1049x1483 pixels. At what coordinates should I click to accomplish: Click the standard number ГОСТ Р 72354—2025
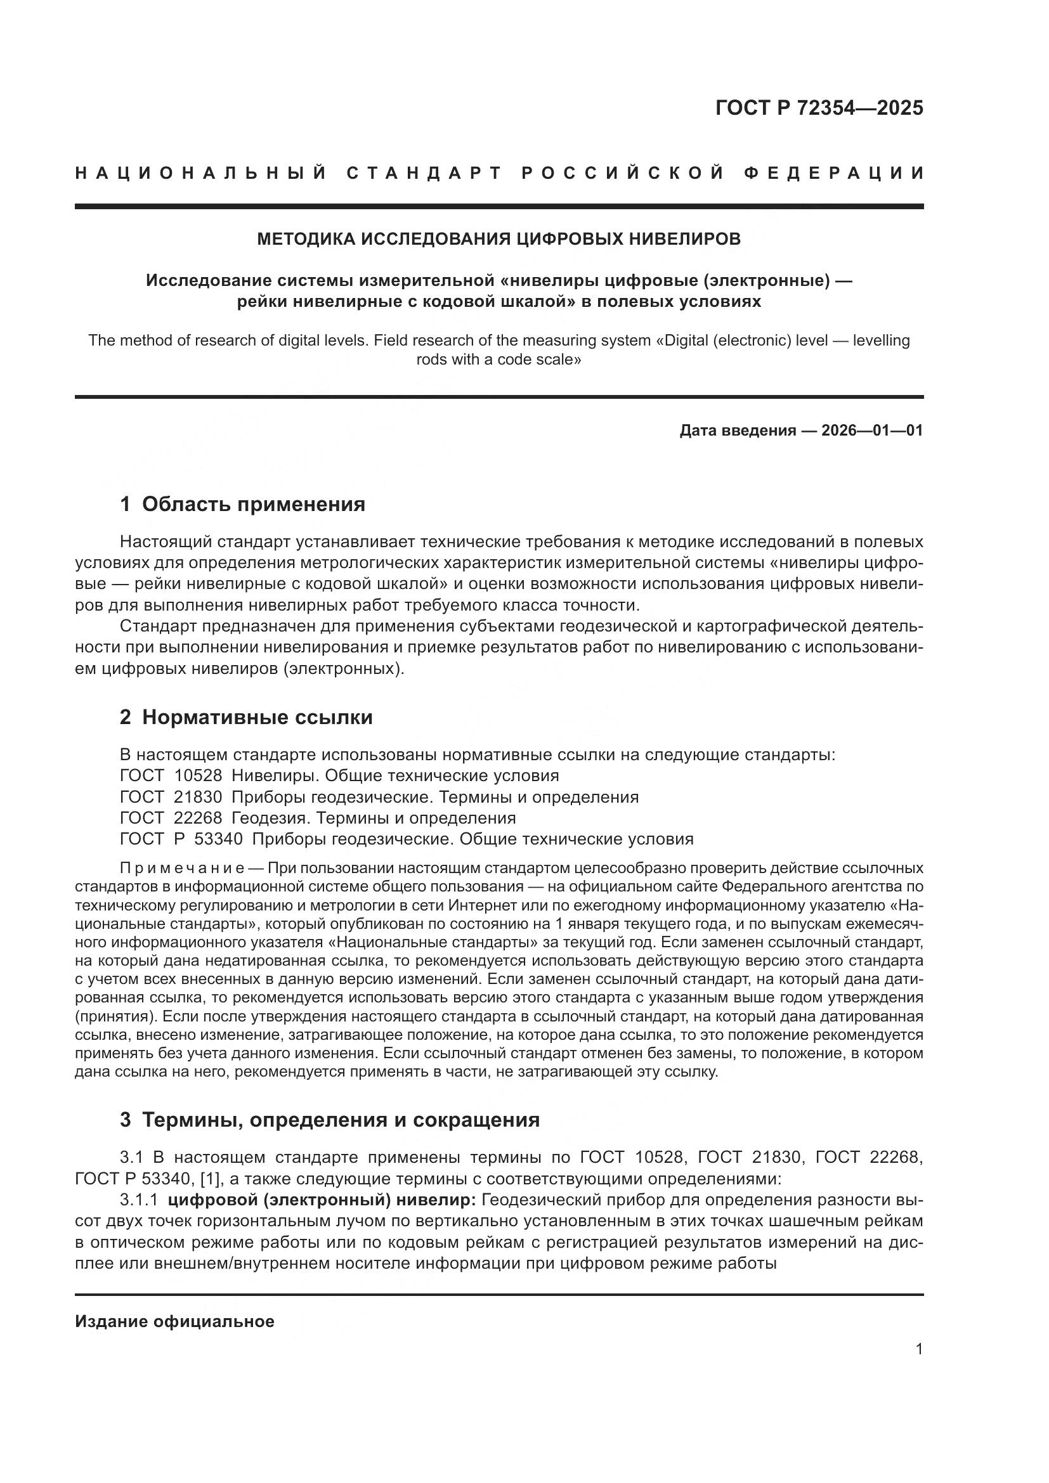[819, 108]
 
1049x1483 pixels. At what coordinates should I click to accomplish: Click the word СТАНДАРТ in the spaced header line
[424, 173]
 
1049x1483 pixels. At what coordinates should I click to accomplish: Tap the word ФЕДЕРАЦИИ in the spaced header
[834, 173]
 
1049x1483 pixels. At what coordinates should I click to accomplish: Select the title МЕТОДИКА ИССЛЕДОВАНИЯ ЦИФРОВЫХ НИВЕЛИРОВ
[498, 239]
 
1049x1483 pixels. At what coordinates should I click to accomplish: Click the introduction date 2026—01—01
[872, 430]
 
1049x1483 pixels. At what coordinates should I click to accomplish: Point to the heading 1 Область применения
[242, 504]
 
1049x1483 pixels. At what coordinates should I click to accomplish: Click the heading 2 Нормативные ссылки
[246, 718]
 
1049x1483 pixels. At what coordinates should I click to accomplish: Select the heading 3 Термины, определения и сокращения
[329, 1119]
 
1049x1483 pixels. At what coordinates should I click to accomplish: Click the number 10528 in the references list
[199, 775]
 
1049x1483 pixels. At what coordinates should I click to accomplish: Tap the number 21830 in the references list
[199, 797]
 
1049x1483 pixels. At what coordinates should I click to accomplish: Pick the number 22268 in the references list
[199, 819]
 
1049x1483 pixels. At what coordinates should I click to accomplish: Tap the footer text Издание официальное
[174, 1321]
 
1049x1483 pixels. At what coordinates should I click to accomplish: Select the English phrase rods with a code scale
[498, 359]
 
